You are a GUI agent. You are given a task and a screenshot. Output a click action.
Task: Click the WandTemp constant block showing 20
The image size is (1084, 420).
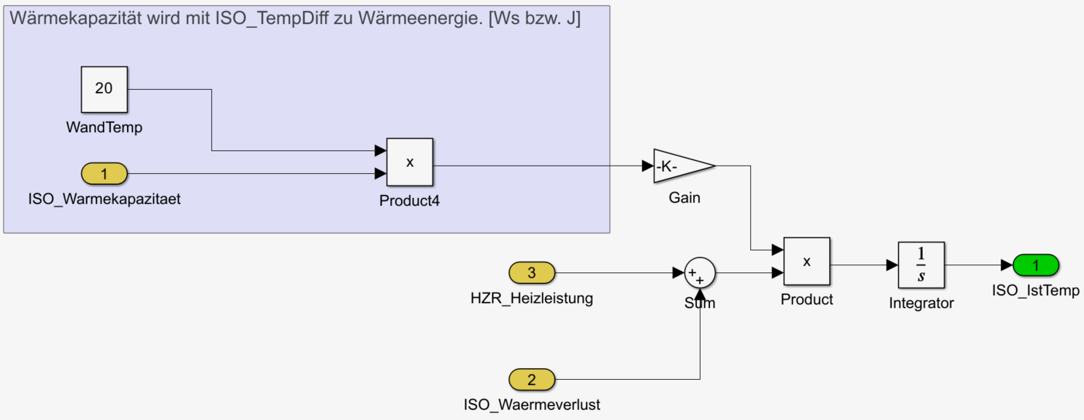pyautogui.click(x=104, y=88)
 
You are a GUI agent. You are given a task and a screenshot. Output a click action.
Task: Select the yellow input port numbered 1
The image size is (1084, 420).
pyautogui.click(x=104, y=174)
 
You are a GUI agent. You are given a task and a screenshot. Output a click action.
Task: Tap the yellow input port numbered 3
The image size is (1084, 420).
pyautogui.click(x=531, y=272)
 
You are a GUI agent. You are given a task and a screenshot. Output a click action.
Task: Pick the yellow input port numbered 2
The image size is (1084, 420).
pyautogui.click(x=531, y=380)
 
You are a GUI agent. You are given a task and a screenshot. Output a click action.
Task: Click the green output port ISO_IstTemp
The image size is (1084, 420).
pyautogui.click(x=1036, y=265)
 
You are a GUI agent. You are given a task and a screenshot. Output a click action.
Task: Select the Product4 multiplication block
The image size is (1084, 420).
pyautogui.click(x=410, y=162)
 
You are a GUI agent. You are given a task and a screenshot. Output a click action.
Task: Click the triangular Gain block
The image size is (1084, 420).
pyautogui.click(x=681, y=166)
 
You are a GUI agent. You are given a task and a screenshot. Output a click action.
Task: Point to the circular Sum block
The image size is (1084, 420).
pyautogui.click(x=699, y=272)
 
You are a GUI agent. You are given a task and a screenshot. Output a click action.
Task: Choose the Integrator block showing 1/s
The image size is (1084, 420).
pyautogui.click(x=921, y=265)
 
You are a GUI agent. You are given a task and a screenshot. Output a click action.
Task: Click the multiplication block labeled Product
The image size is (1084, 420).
pyautogui.click(x=806, y=261)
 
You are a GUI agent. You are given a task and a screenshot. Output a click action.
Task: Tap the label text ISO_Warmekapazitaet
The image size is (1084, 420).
pyautogui.click(x=104, y=199)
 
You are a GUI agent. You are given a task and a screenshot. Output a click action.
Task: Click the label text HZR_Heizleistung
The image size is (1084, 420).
pyautogui.click(x=531, y=298)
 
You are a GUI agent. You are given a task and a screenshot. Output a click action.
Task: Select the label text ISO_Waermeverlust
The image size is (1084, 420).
pyautogui.click(x=531, y=405)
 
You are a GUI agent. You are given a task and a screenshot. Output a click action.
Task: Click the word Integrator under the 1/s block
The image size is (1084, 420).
pyautogui.click(x=921, y=304)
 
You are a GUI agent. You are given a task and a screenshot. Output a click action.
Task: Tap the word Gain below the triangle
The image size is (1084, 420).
pyautogui.click(x=684, y=198)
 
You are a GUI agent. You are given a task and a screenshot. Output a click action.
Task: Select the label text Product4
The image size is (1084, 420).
pyautogui.click(x=410, y=202)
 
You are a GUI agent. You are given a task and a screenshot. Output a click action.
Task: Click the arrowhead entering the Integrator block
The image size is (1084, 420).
pyautogui.click(x=892, y=265)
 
